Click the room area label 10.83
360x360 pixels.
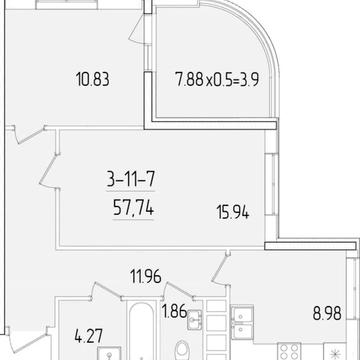[x=93, y=80]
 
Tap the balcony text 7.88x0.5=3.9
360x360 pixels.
[x=217, y=80]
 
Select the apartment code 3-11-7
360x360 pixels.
[x=131, y=180]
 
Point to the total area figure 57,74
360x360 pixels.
[x=133, y=209]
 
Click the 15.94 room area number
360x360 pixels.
[x=233, y=212]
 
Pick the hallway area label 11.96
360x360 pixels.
[x=146, y=277]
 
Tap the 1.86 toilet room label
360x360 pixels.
[x=174, y=312]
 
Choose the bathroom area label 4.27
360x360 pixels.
[x=88, y=336]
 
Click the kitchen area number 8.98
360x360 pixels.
[x=327, y=314]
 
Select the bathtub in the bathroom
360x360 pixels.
[x=142, y=331]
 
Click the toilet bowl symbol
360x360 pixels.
[x=182, y=349]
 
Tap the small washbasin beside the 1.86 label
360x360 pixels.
[x=194, y=320]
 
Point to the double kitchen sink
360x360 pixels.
[x=242, y=322]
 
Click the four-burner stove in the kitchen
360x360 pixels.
[x=289, y=351]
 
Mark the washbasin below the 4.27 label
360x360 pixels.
[x=109, y=353]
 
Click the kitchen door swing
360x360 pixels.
[x=220, y=268]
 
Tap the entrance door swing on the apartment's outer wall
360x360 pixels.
[x=28, y=340]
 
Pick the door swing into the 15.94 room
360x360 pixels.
[x=49, y=172]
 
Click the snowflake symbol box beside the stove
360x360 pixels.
[x=335, y=352]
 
